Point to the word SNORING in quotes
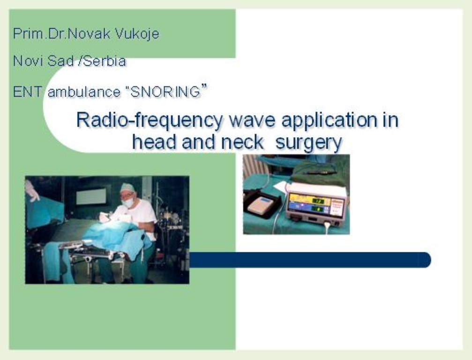165,92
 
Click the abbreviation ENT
27,92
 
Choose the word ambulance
84,92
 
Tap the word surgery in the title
309,142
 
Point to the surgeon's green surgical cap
127,188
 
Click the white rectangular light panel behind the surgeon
91,196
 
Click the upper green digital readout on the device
317,201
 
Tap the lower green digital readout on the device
317,209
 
